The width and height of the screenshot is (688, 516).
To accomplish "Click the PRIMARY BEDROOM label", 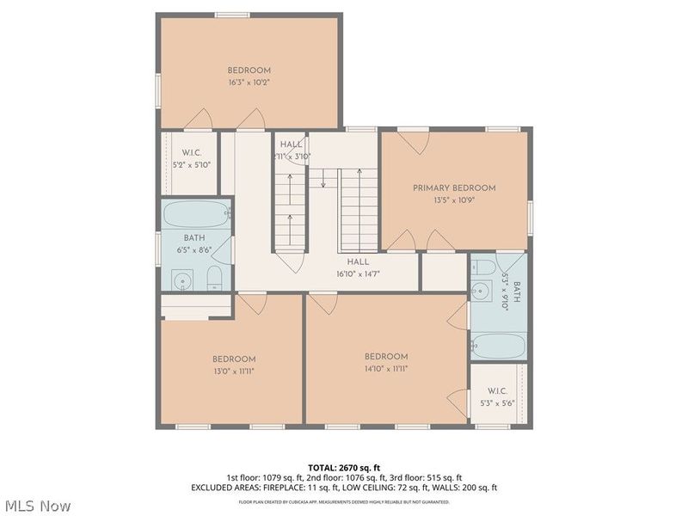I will [454, 187].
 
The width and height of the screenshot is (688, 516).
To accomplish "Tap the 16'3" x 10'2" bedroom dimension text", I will [249, 83].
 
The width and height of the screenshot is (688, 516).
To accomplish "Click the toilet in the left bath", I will [215, 277].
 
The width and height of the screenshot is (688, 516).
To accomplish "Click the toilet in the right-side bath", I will [483, 267].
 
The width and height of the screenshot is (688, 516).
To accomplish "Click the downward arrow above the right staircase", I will [322, 179].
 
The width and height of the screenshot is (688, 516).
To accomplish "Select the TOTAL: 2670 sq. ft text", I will [344, 467].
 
